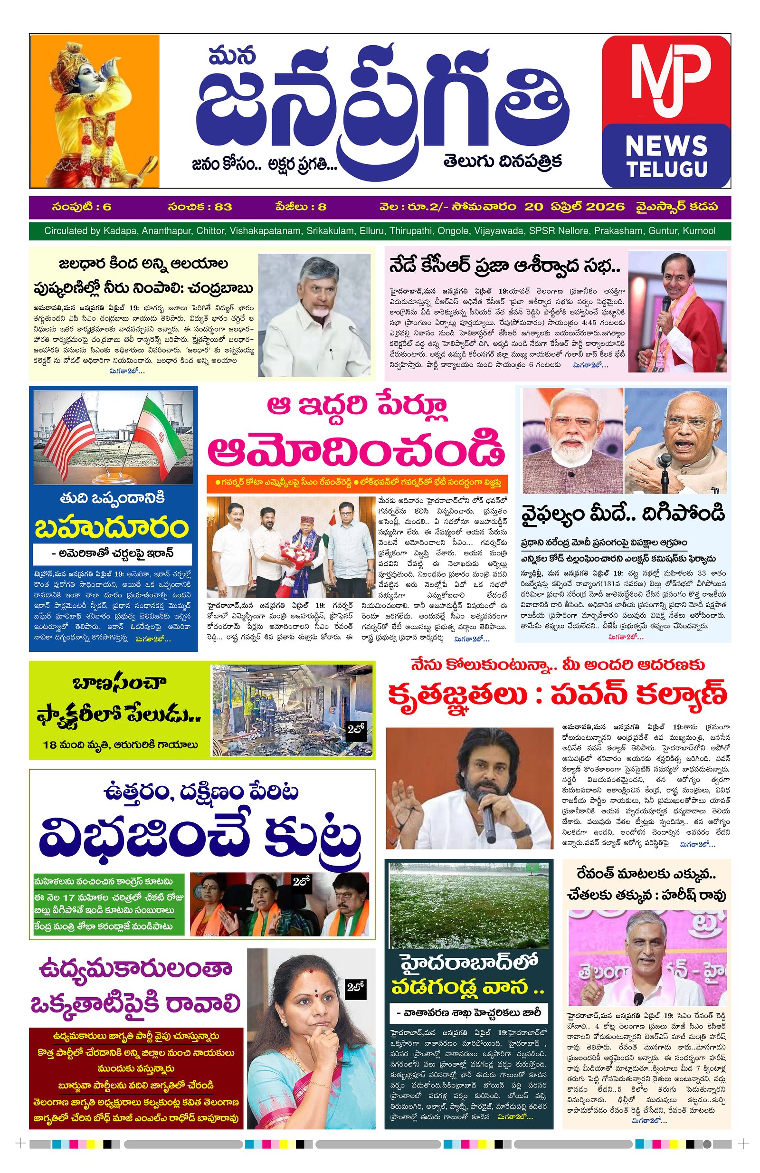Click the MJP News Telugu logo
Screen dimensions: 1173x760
point(665,111)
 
